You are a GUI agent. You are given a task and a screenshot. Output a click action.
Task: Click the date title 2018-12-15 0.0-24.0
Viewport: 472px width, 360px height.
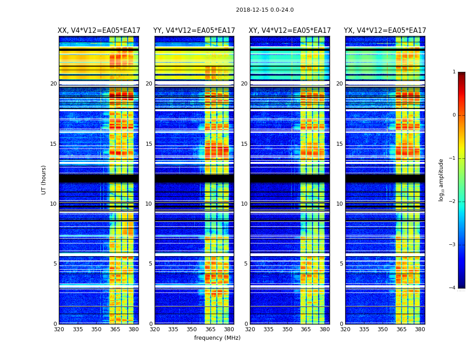point(265,10)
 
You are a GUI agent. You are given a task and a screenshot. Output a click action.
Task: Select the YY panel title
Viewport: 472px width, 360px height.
point(194,31)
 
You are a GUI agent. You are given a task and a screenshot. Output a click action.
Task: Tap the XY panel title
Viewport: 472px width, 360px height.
point(290,31)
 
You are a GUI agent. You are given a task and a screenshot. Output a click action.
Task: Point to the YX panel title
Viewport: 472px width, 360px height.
point(385,31)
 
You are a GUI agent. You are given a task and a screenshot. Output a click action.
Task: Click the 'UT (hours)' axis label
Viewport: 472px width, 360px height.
point(44,180)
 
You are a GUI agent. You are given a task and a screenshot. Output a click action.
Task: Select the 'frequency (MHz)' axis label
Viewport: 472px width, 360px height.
point(217,338)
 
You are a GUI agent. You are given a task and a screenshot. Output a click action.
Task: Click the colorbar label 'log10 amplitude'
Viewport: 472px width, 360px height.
point(441,180)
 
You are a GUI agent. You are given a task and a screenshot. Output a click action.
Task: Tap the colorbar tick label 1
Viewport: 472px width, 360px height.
point(454,72)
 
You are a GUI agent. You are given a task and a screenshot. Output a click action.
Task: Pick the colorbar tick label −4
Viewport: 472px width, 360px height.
point(453,288)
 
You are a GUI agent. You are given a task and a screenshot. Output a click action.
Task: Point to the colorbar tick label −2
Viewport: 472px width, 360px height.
point(453,202)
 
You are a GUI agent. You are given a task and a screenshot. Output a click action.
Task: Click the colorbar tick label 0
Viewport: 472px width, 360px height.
point(454,115)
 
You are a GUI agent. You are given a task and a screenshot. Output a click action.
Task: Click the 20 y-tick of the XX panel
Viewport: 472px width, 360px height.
point(53,84)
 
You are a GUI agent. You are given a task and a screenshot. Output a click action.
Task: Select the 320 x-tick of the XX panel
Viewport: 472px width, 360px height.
point(59,329)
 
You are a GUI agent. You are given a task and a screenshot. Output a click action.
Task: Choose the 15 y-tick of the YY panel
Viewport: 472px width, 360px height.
point(149,144)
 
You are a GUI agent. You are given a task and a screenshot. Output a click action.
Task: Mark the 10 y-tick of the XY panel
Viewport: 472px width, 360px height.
point(244,204)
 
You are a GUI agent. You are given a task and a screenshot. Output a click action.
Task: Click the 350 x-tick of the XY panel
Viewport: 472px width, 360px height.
point(287,329)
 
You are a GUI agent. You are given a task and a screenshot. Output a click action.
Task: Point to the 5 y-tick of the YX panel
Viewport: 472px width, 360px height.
point(341,264)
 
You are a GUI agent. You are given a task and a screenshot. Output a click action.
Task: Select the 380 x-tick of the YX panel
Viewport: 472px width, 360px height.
point(420,329)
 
